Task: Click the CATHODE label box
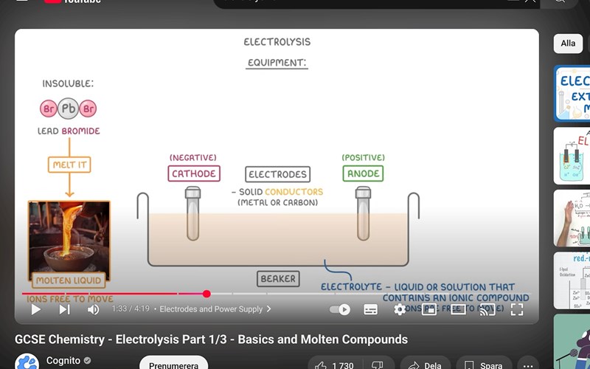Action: tap(194, 173)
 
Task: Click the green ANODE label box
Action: tap(363, 173)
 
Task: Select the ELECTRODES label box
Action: tap(277, 174)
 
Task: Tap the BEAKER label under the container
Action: tap(278, 279)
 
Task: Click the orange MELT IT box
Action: tap(69, 165)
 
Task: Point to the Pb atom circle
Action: tap(69, 108)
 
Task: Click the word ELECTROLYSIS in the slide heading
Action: tap(277, 42)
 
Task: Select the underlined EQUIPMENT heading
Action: tap(277, 63)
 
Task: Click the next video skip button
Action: tap(64, 309)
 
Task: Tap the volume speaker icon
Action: tap(93, 309)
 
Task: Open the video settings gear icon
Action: tap(400, 309)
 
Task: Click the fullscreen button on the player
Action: tap(517, 309)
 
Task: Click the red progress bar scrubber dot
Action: tap(206, 294)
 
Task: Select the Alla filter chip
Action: tap(568, 44)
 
